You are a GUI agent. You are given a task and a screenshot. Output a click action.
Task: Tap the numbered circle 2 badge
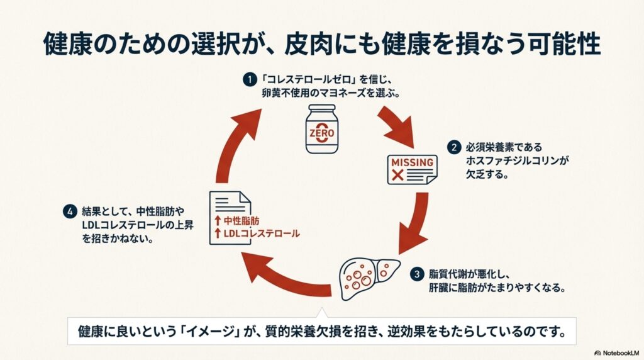point(453,149)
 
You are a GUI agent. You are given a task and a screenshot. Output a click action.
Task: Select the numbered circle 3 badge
point(417,274)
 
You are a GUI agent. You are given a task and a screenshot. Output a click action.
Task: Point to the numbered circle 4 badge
point(70,212)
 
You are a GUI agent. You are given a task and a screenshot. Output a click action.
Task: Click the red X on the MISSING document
point(397,176)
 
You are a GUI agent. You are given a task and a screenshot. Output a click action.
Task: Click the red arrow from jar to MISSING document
point(397,123)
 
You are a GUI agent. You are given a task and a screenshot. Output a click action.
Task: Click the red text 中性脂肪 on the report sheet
point(241,220)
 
